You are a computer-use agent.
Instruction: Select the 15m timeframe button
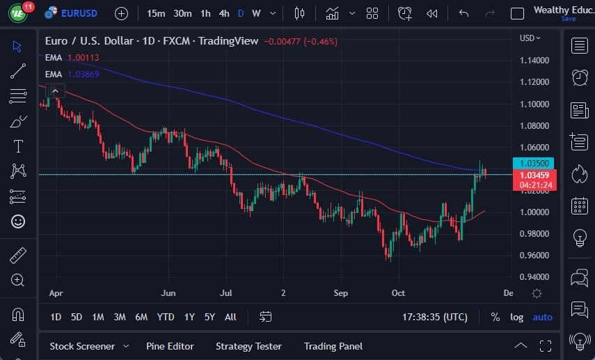(x=156, y=13)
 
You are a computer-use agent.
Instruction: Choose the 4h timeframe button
(x=223, y=13)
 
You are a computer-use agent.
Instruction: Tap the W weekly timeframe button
(x=256, y=13)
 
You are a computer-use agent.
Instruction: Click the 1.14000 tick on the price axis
(x=534, y=61)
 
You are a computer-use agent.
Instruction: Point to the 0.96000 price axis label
(x=534, y=256)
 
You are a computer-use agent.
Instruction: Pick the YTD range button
(x=166, y=317)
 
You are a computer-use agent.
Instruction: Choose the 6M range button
(x=141, y=317)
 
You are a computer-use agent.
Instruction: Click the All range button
(x=230, y=317)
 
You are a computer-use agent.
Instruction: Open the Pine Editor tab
(x=170, y=346)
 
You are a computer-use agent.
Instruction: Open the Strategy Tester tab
(x=248, y=346)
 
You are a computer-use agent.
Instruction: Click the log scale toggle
(x=516, y=317)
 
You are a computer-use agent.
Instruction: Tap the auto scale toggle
(x=542, y=317)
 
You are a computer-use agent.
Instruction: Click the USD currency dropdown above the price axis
(x=530, y=38)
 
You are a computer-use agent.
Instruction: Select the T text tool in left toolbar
(x=17, y=146)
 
